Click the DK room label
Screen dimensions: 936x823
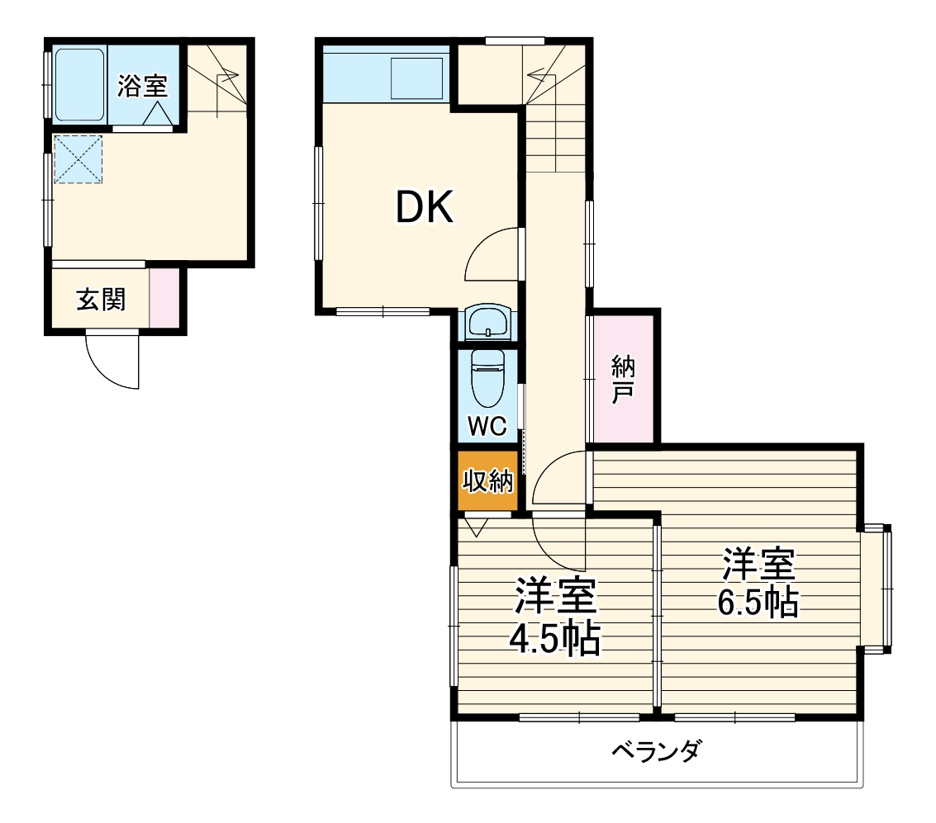pos(425,207)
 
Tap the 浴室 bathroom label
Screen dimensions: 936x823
pos(141,86)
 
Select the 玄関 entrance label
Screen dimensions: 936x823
pos(101,300)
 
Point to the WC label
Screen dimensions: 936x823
pos(487,426)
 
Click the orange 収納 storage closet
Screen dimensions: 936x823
pos(487,480)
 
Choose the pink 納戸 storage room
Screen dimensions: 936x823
pos(623,379)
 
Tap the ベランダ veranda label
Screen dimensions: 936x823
pos(657,751)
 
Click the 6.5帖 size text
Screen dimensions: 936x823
pos(758,603)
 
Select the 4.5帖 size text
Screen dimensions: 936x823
pos(554,641)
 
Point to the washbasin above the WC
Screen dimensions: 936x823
pos(488,323)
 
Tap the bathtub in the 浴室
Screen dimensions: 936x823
pos(79,84)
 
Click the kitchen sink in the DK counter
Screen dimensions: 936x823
pos(416,78)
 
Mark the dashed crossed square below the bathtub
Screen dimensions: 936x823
pos(78,159)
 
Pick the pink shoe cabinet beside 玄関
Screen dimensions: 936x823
pos(164,298)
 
